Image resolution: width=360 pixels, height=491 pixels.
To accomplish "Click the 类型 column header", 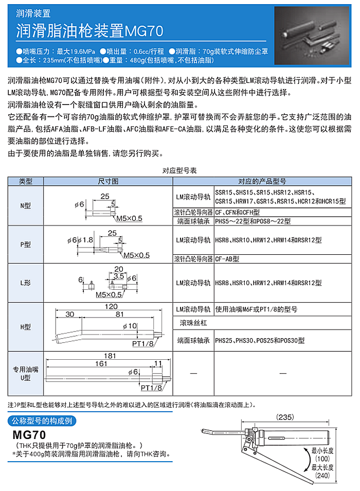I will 26,181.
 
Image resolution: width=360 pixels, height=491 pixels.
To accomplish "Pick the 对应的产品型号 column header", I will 262,181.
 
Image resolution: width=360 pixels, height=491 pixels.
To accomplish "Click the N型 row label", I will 26,205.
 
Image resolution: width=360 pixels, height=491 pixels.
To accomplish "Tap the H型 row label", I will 26,327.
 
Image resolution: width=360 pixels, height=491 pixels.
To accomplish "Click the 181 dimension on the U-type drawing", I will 109,355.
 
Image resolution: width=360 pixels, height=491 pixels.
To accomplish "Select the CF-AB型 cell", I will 229,259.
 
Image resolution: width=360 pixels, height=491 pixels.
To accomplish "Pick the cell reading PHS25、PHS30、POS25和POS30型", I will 260,340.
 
